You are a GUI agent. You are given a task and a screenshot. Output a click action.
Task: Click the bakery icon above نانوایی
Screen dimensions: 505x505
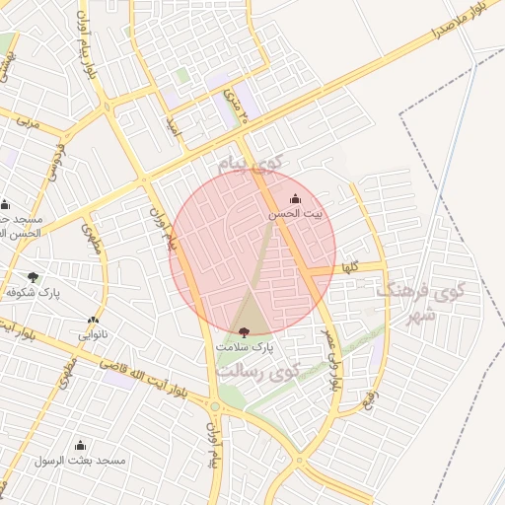[x=93, y=320]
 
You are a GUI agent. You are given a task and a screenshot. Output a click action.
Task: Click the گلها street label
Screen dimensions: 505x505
[x=350, y=267]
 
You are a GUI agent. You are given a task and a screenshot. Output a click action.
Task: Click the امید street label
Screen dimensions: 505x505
[x=174, y=125]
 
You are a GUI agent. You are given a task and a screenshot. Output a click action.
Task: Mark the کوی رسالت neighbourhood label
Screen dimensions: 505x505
[x=259, y=372]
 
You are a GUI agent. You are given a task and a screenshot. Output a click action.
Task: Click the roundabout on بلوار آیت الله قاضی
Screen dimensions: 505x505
[x=214, y=405]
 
